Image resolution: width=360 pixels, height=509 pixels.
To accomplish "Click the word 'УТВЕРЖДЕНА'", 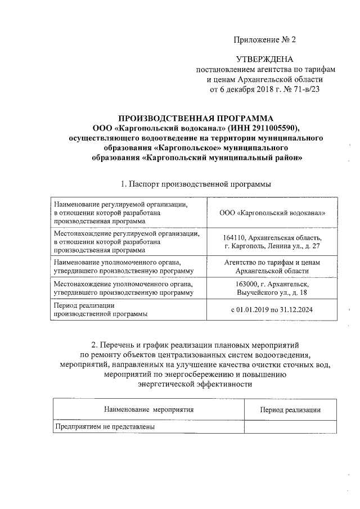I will [x=264, y=59].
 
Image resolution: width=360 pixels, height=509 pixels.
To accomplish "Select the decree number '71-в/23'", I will [x=303, y=88].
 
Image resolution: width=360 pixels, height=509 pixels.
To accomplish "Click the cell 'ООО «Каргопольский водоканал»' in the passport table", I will [x=273, y=214].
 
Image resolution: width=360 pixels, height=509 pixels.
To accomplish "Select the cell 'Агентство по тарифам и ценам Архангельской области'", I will [x=273, y=267].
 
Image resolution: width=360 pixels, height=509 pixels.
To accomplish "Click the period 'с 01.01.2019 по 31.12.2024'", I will [x=273, y=310].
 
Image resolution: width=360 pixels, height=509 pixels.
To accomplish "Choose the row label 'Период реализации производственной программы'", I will [x=101, y=310].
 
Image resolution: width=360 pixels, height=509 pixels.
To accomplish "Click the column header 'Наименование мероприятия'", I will [x=148, y=411].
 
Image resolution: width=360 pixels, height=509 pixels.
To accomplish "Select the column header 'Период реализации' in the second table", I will [x=290, y=411].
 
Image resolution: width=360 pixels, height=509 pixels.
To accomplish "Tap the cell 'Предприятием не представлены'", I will [x=104, y=427].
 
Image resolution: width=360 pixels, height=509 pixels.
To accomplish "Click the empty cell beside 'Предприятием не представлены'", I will [x=290, y=427].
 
